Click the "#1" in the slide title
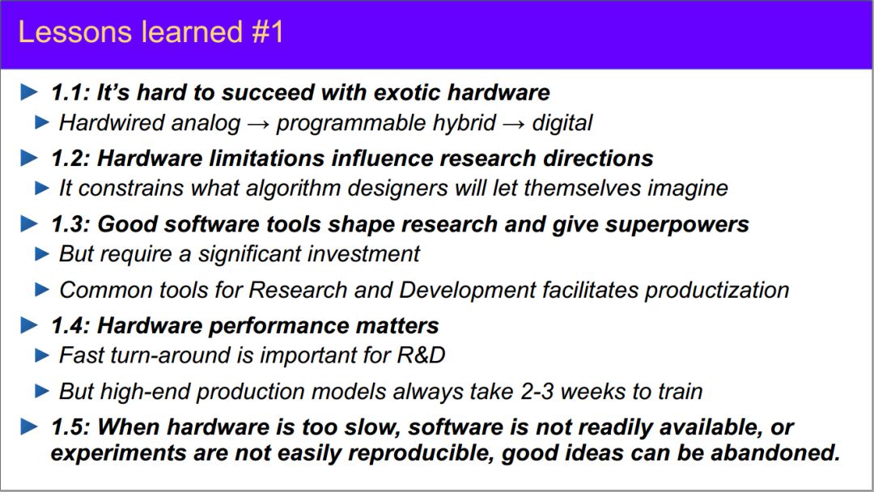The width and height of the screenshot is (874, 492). point(268,32)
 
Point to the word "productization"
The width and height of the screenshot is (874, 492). point(717,291)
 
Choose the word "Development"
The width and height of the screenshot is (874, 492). point(467,291)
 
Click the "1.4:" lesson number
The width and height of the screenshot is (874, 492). point(70,326)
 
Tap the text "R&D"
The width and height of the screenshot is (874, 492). point(421,355)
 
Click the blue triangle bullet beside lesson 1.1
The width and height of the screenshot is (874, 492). point(29,92)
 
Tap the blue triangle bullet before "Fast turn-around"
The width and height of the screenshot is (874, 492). point(42,355)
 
